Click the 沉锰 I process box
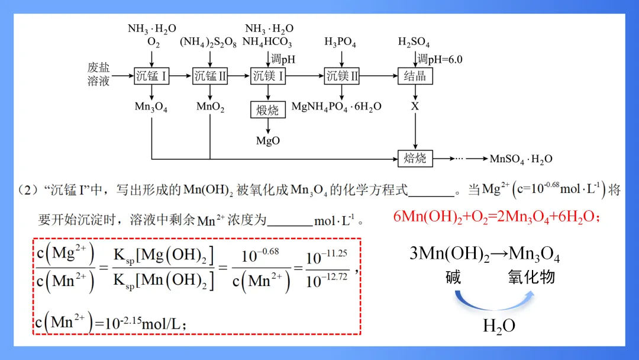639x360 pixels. click(151, 76)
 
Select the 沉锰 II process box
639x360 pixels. click(210, 76)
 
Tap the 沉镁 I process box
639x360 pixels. click(269, 76)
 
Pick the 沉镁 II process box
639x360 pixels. click(342, 76)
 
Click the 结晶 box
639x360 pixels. click(415, 76)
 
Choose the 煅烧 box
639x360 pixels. click(267, 110)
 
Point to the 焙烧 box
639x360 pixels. click(415, 158)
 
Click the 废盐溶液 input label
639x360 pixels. click(99, 75)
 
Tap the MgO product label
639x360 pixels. click(267, 141)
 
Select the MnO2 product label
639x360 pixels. click(210, 108)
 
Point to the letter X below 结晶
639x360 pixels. click(415, 107)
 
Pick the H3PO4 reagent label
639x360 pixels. click(340, 43)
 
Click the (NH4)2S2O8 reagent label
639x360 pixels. click(211, 43)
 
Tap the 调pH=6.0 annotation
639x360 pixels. click(440, 59)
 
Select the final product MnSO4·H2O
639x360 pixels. click(521, 159)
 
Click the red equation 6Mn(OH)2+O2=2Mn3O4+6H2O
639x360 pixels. click(498, 217)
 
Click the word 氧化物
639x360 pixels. click(531, 277)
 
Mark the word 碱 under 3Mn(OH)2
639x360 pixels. click(453, 277)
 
